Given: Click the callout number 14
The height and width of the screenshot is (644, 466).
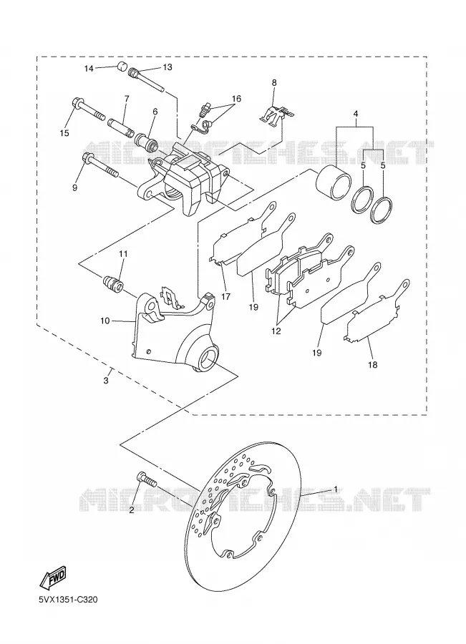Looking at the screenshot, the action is tap(89, 69).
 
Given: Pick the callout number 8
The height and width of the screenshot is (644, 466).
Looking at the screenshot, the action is tap(274, 82).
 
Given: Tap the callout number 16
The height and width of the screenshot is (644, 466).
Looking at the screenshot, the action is tap(236, 99).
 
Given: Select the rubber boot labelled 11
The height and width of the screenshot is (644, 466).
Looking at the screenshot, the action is tap(112, 283).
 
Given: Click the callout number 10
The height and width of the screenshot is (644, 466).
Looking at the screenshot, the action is tap(105, 321).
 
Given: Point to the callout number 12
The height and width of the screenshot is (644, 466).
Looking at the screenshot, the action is tap(276, 331).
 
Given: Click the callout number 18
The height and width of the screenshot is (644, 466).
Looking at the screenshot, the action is tap(373, 364).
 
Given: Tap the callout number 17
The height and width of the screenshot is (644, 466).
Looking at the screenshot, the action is tap(225, 296).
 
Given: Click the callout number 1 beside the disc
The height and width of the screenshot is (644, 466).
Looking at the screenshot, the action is tap(335, 489).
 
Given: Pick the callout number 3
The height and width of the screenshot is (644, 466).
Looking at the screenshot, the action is tap(106, 381).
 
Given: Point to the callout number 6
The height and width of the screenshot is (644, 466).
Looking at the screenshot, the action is tap(155, 112).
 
